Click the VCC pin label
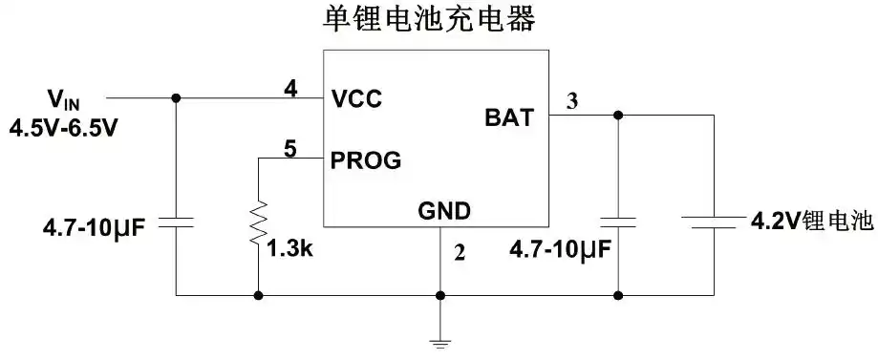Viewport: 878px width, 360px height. [356, 97]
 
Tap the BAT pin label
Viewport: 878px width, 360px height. [510, 118]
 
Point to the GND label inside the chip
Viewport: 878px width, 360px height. [443, 210]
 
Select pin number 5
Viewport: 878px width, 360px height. [290, 148]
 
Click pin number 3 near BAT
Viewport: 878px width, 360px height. [571, 100]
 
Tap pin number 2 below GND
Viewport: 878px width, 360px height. [459, 252]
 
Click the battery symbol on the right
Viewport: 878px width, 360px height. [714, 222]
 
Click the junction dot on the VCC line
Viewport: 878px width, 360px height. [176, 97]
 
